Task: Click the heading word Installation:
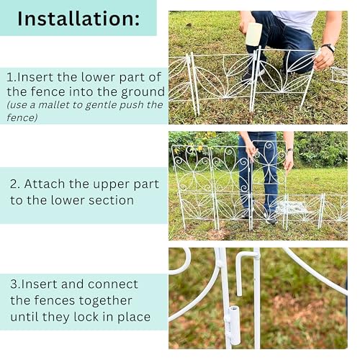coord(78,19)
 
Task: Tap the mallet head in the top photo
coord(253,34)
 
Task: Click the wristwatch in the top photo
coord(328,48)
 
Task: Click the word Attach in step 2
coord(45,184)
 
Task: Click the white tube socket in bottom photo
coord(233,325)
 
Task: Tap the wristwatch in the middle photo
coord(289,150)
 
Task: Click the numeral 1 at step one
coord(10,77)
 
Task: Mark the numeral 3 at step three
coord(14,284)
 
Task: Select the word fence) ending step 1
coord(22,117)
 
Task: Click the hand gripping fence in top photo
coord(324,61)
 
